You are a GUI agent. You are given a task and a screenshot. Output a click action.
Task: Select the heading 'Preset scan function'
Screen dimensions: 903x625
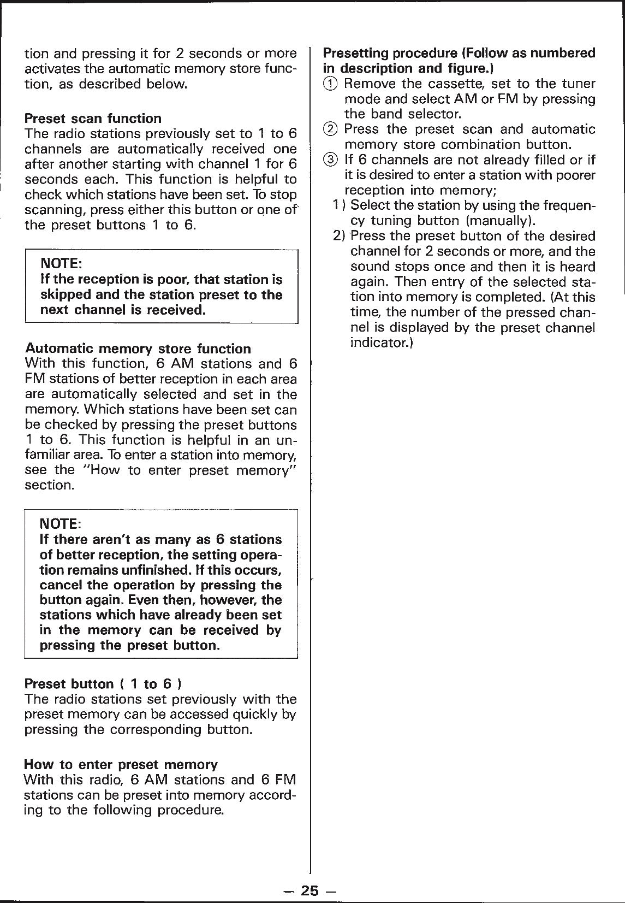93,119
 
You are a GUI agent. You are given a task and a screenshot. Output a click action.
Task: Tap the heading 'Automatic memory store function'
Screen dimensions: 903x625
138,349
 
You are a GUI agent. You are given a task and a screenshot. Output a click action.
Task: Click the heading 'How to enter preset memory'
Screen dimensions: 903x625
121,764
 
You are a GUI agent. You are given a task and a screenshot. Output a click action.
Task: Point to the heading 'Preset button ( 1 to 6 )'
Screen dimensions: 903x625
103,684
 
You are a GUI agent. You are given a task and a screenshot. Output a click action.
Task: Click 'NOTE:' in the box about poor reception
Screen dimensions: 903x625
61,264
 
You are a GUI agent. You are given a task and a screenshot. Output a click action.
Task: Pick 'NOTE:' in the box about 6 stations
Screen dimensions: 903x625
61,524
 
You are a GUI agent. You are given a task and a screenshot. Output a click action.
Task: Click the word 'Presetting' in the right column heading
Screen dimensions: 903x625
355,53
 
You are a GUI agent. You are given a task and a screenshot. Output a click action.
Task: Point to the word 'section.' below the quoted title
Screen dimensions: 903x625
48,486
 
